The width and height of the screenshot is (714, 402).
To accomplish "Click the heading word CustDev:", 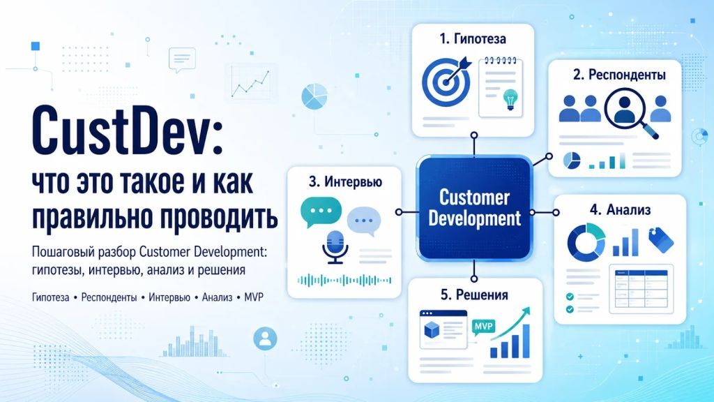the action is click(127, 131).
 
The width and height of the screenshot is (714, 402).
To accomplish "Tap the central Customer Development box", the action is click(474, 208).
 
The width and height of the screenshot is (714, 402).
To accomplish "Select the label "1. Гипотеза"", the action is click(473, 39).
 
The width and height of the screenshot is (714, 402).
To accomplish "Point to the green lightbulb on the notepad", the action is click(510, 100).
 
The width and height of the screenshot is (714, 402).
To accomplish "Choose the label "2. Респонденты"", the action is click(619, 74).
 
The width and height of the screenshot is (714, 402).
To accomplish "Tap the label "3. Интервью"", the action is click(346, 182).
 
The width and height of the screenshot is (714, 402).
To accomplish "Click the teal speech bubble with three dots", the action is click(321, 212).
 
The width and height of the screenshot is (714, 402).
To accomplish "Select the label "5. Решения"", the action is click(474, 295).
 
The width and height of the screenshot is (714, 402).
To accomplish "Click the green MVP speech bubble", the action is click(483, 327).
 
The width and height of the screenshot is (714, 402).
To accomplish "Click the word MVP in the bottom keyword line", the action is click(254, 297).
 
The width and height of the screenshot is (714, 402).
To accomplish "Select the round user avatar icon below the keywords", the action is click(265, 338).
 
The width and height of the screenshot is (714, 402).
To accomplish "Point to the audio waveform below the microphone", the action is click(344, 281).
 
